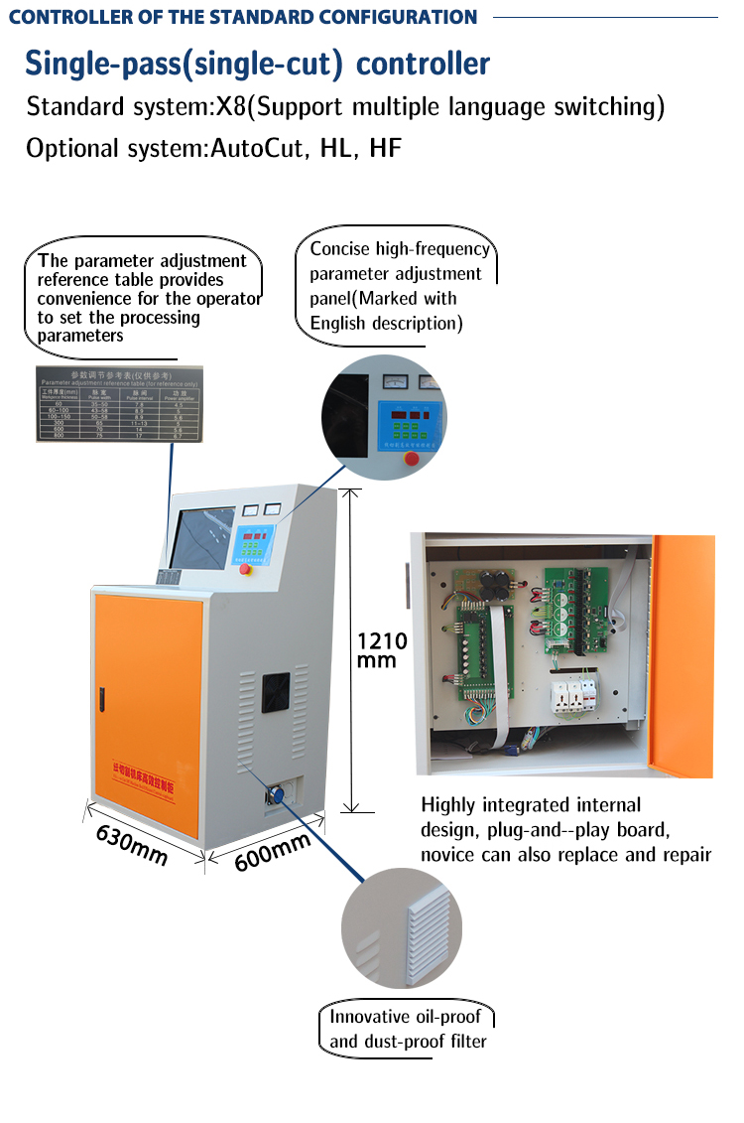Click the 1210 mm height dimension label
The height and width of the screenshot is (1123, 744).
click(382, 650)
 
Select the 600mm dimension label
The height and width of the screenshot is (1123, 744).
click(272, 851)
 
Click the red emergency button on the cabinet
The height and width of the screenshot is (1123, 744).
click(245, 569)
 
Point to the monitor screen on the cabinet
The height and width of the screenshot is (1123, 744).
click(201, 540)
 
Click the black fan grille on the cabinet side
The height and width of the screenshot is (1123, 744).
click(276, 693)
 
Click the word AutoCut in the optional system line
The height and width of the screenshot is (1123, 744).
click(261, 149)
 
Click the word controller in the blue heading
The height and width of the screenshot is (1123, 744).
click(423, 64)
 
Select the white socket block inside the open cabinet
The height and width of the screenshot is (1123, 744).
click(575, 701)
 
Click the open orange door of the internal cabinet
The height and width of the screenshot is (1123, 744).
click(682, 655)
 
